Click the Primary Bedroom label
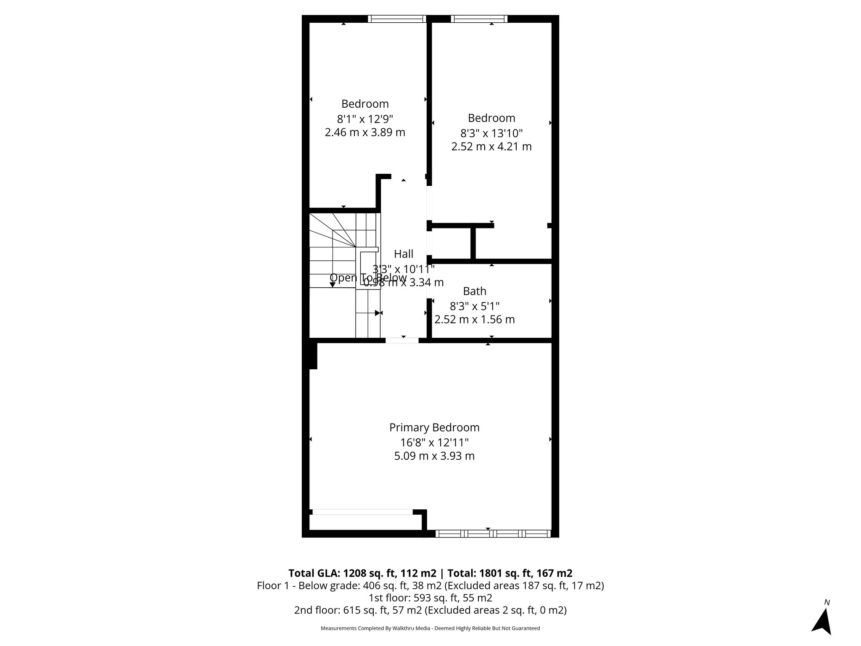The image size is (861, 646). (x=434, y=427)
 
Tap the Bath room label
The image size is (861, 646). (x=475, y=291)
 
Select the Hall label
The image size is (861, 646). (x=404, y=254)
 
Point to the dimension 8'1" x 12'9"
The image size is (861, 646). (x=365, y=119)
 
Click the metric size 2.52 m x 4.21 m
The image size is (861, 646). (x=491, y=147)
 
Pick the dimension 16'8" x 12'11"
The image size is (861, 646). (x=434, y=442)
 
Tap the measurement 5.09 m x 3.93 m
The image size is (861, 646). (x=434, y=456)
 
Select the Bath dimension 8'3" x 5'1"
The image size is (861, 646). (x=475, y=306)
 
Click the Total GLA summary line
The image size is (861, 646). (x=430, y=573)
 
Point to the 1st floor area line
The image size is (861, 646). (x=430, y=598)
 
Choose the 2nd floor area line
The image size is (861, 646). (x=430, y=610)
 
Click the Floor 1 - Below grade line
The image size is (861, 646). (x=430, y=585)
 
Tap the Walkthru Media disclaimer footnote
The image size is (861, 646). (x=430, y=628)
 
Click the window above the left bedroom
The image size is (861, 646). (x=397, y=19)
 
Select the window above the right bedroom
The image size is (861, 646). (x=479, y=19)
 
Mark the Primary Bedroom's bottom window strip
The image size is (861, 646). (x=493, y=534)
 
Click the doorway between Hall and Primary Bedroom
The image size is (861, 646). (x=402, y=340)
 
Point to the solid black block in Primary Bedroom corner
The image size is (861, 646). (x=313, y=356)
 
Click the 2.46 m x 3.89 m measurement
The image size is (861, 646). (x=365, y=132)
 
